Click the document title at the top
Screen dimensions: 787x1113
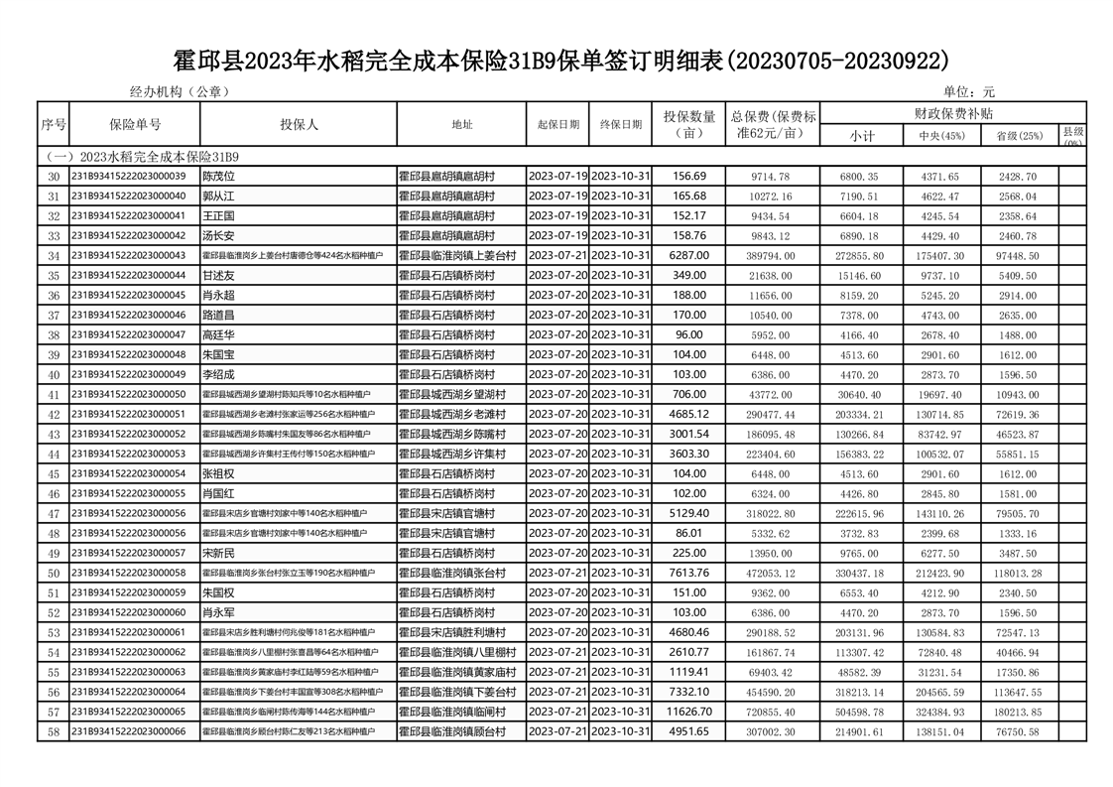[556, 61]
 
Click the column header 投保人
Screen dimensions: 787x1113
[299, 125]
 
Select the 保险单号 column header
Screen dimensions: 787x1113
[135, 125]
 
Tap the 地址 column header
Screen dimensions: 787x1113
[461, 125]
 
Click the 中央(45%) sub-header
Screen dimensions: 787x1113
[939, 136]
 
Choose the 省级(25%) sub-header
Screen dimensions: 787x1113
[1019, 136]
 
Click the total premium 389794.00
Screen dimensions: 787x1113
[770, 256]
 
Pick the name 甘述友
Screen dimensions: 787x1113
[218, 276]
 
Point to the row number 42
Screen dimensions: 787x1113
[54, 415]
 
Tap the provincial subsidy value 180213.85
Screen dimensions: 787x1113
[1018, 713]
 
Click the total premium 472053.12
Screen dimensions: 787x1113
[770, 574]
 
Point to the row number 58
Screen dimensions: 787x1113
[54, 732]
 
